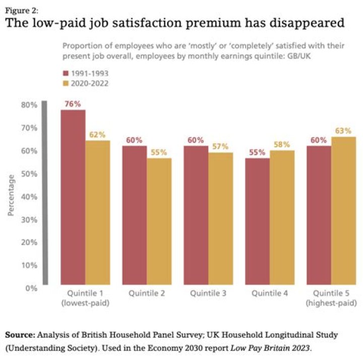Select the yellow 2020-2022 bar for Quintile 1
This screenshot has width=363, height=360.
pyautogui.click(x=97, y=212)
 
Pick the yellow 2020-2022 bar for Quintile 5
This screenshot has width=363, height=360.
pyautogui.click(x=343, y=210)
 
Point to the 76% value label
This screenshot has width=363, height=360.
pyautogui.click(x=73, y=104)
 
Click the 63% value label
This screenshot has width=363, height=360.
pyautogui.click(x=343, y=131)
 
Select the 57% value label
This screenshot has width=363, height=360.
pyautogui.click(x=220, y=146)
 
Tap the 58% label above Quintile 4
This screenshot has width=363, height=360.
pyautogui.click(x=282, y=145)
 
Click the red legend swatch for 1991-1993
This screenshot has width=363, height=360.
pyautogui.click(x=65, y=73)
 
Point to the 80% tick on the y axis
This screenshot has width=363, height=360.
pyautogui.click(x=29, y=105)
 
